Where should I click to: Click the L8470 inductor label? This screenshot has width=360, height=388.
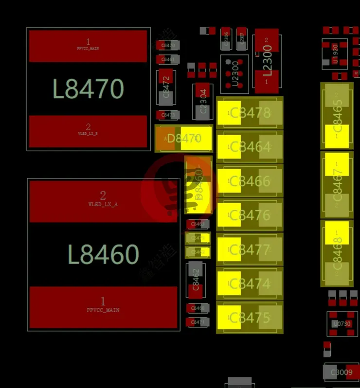(x=88, y=89)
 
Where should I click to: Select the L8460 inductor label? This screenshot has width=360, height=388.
(x=103, y=254)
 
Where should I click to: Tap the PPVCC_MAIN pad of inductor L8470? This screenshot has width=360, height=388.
(x=88, y=46)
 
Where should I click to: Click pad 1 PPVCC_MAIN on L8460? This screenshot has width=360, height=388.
(x=103, y=306)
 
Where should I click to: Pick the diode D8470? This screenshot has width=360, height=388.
(x=184, y=139)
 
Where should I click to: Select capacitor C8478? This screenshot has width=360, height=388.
(x=250, y=113)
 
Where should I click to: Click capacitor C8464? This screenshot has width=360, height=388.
(x=250, y=147)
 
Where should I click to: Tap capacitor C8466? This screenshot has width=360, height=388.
(x=250, y=181)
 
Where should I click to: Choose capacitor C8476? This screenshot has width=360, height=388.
(x=250, y=215)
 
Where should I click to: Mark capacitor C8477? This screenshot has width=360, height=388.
(x=250, y=250)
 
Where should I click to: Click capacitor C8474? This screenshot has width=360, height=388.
(x=250, y=283)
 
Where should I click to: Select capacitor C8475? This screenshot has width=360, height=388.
(x=250, y=317)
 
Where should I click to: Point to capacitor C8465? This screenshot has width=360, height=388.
(x=337, y=116)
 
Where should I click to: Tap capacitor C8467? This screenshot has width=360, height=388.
(x=337, y=185)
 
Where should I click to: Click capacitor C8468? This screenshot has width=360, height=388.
(x=337, y=253)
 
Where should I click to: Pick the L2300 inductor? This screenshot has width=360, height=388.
(x=267, y=61)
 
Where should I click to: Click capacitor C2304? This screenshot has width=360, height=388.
(x=202, y=101)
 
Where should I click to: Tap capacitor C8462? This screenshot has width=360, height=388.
(x=196, y=281)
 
